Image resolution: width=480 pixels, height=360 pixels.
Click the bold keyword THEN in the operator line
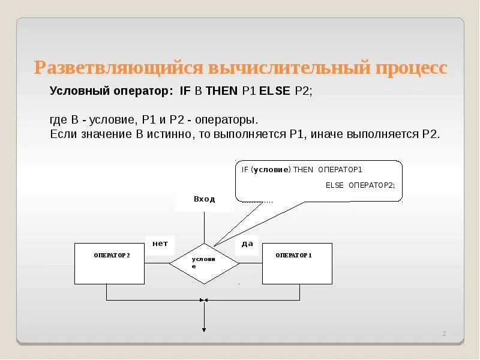222,92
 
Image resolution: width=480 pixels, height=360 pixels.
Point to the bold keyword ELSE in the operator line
275,92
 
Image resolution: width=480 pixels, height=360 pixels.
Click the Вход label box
204,200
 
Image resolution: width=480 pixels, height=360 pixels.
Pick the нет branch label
160,244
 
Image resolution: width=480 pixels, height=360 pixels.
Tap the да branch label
247,244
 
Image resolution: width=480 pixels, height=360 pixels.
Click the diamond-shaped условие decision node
204,263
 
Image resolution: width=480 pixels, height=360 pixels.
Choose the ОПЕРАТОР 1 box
297,263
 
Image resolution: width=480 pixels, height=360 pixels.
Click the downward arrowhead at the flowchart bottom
204,329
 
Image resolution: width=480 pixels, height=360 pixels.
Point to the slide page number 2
445,334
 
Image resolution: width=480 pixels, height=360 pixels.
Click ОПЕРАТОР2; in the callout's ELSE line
372,185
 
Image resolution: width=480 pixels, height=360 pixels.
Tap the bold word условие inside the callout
271,170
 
